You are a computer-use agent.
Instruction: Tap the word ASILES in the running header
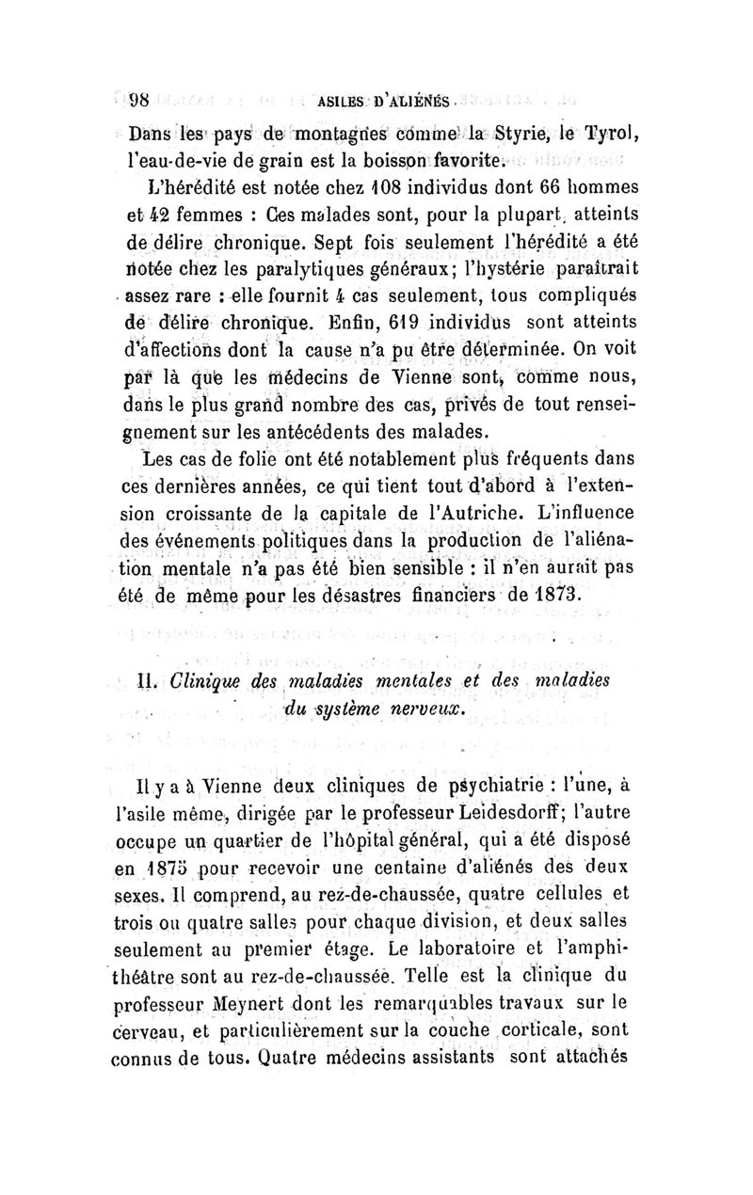coord(345,100)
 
